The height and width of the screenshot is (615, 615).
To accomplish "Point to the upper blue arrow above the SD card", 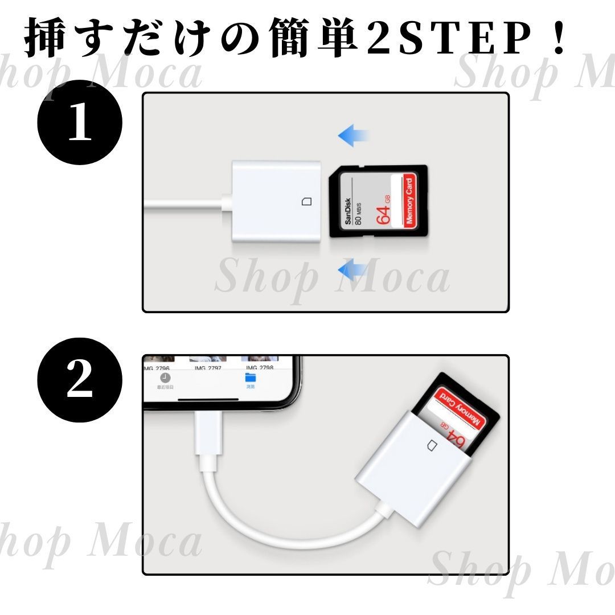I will click(354, 136).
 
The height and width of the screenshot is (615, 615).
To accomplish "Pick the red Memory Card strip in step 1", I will click(408, 202).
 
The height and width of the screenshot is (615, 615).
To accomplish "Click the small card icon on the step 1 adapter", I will click(306, 202).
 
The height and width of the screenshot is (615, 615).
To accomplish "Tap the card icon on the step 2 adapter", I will click(431, 444).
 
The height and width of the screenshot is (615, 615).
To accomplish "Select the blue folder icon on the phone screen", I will click(251, 378).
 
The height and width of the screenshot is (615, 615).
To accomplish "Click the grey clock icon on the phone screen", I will click(165, 378).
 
